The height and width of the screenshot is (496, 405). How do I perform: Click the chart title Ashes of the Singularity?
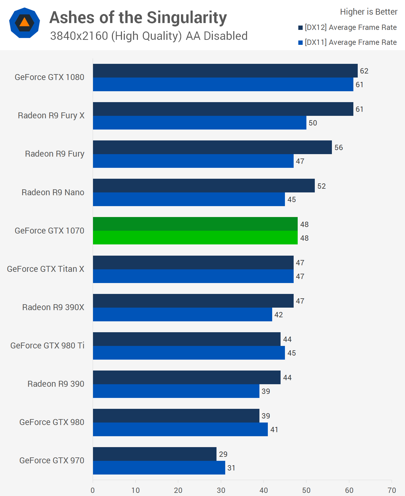pyautogui.click(x=138, y=17)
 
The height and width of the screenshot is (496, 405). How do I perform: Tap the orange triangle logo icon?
pyautogui.click(x=24, y=23)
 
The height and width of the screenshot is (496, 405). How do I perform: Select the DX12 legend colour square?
pyautogui.click(x=300, y=28)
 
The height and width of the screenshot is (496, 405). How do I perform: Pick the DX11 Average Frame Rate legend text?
pyautogui.click(x=351, y=42)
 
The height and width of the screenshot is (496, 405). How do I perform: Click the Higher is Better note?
pyautogui.click(x=369, y=12)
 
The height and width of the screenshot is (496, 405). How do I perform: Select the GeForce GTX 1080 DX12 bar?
pyautogui.click(x=225, y=71)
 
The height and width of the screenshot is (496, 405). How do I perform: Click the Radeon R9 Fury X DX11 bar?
pyautogui.click(x=199, y=123)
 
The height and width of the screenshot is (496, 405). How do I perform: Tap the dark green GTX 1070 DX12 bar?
pyautogui.click(x=195, y=224)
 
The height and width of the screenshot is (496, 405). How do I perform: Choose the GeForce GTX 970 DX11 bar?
pyautogui.click(x=159, y=468)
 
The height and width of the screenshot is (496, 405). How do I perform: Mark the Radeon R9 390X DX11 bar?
pyautogui.click(x=182, y=314)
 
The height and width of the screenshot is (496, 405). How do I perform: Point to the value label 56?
pyautogui.click(x=339, y=148)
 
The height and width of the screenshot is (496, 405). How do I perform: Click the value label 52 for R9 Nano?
pyautogui.click(x=322, y=186)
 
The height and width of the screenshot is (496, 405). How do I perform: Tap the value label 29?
pyautogui.click(x=223, y=454)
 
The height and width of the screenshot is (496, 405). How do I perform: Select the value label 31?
pyautogui.click(x=231, y=468)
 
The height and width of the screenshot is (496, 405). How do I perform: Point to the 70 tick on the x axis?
pyautogui.click(x=392, y=490)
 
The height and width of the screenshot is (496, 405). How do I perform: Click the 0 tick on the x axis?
pyautogui.click(x=93, y=490)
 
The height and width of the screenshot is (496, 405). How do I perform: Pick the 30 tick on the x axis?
pyautogui.click(x=221, y=490)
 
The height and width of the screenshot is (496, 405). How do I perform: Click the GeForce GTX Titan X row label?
pyautogui.click(x=46, y=269)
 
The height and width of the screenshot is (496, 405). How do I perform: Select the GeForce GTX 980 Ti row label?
pyautogui.click(x=47, y=346)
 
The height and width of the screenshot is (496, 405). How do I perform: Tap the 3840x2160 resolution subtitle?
pyautogui.click(x=149, y=36)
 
